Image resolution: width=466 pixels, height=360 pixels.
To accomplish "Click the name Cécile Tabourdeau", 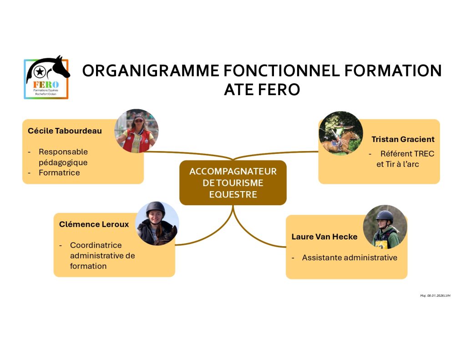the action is [x=65, y=131].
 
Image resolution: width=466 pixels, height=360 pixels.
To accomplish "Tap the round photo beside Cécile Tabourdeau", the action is [x=137, y=131].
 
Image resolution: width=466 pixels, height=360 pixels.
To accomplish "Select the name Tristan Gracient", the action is [x=403, y=139].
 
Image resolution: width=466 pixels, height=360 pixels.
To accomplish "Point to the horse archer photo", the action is [x=341, y=133].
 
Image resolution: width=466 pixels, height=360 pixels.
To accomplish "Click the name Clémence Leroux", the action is [x=94, y=224].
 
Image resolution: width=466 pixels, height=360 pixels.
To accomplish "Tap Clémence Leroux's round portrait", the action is [x=157, y=223].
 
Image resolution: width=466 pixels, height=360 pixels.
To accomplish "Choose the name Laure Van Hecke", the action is [x=324, y=237].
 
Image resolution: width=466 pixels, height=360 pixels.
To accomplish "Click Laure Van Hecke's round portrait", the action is [x=385, y=227].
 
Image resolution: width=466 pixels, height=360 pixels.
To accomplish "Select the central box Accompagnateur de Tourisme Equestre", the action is [x=233, y=183].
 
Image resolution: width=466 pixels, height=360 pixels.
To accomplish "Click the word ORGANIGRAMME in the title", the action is [x=151, y=71].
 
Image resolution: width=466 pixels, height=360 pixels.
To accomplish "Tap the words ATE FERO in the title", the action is [x=262, y=90].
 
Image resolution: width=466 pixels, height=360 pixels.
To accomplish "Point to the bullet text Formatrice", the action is [x=59, y=172].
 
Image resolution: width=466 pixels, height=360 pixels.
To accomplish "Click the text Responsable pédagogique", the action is [x=63, y=157].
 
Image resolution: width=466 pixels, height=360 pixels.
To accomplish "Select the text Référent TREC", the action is [x=407, y=154].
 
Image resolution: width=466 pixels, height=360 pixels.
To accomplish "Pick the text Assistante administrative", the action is [x=349, y=258].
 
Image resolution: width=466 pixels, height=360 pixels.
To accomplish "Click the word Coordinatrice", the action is [x=96, y=245].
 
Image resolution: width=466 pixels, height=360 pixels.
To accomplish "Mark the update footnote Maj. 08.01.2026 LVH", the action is [x=435, y=295].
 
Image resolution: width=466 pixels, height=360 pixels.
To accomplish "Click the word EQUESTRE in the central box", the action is [x=233, y=194].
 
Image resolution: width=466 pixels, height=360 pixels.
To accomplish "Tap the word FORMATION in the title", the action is [x=393, y=71].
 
